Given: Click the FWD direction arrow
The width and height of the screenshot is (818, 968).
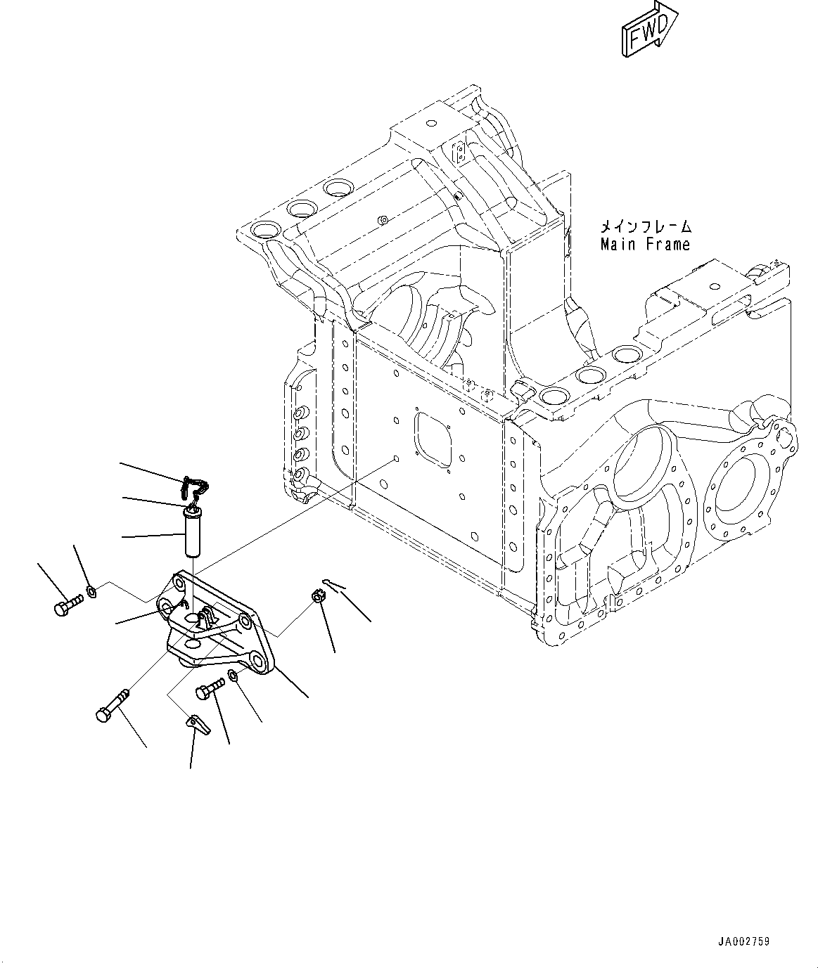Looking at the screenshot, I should (648, 30).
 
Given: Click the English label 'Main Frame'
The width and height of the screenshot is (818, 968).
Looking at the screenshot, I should (645, 244).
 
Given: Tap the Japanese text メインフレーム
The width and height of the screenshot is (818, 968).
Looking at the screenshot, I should (645, 226).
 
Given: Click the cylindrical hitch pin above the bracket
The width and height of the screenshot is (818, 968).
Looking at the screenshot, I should (192, 533).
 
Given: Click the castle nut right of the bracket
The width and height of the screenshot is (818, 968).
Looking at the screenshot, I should (318, 598).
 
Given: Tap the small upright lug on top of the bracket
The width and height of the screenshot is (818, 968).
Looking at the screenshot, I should (206, 619).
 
